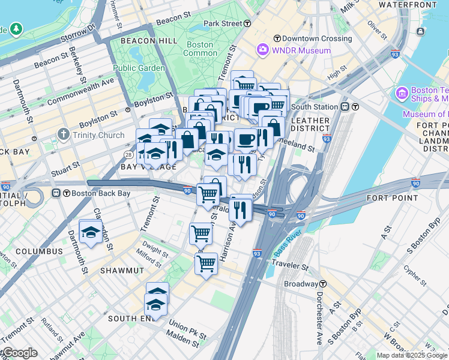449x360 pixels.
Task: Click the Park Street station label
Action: pos(223,23)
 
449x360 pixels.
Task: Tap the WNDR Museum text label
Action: pos(301,50)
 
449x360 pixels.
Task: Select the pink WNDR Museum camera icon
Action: pos(262,50)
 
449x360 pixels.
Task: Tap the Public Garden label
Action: pos(139,68)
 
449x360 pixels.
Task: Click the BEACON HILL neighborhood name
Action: pos(149,41)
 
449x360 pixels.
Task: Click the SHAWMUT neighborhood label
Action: pos(122,271)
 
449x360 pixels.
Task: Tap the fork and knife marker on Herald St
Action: pos(240,210)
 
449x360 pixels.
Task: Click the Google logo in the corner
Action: pos(19,353)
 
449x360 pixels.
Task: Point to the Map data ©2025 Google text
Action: pos(412,355)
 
